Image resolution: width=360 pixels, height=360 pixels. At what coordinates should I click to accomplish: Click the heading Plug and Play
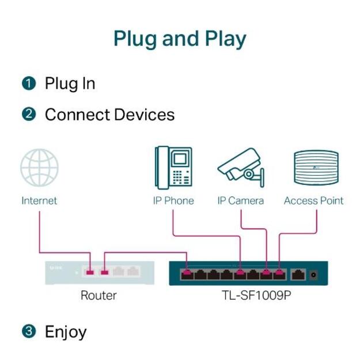(x=180, y=39)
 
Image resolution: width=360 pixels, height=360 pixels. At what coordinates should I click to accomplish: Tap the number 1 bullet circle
(x=28, y=84)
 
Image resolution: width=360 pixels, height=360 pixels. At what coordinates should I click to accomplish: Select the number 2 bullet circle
(x=28, y=115)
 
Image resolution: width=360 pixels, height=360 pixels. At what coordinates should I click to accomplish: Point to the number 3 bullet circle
(x=28, y=332)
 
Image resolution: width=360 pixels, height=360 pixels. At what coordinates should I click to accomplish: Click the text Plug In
(x=70, y=84)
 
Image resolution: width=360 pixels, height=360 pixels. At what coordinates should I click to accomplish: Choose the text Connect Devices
(x=109, y=115)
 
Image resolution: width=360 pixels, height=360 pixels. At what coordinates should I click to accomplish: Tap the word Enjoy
(x=66, y=332)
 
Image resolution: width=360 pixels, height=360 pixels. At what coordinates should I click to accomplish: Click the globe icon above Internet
(x=39, y=168)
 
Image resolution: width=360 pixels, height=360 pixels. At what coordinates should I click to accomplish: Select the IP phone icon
(x=173, y=167)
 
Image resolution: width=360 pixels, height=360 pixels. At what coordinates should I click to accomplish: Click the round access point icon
(x=316, y=167)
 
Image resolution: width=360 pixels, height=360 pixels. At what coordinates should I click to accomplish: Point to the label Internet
(x=39, y=201)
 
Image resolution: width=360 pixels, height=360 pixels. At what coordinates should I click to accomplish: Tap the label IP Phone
(x=173, y=201)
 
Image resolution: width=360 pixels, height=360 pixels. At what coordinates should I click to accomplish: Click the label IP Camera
(x=240, y=201)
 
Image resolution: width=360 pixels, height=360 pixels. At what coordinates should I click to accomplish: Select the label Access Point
(x=313, y=201)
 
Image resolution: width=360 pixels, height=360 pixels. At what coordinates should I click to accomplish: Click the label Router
(x=98, y=295)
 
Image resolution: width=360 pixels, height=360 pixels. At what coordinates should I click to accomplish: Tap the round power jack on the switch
(x=313, y=275)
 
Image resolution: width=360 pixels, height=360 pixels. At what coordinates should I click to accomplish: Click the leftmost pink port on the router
(x=90, y=271)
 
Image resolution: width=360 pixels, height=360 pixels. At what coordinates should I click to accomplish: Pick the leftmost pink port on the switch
(x=187, y=274)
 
